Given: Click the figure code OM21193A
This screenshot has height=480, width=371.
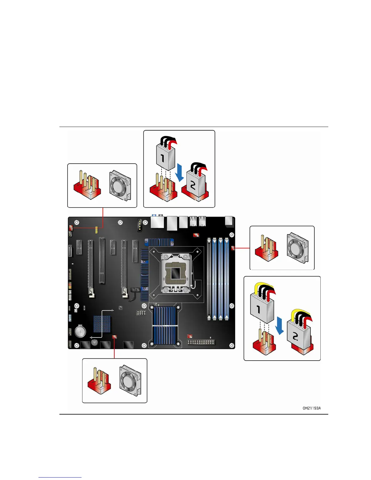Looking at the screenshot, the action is [311, 408].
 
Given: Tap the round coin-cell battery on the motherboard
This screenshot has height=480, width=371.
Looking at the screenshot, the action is [80, 332].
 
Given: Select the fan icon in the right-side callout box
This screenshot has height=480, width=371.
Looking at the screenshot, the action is [298, 248].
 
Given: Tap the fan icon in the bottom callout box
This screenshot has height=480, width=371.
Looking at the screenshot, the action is [130, 381].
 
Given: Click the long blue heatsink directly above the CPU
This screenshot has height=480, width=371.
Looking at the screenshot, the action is [159, 242].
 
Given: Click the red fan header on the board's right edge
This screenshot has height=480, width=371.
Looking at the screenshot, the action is [233, 248].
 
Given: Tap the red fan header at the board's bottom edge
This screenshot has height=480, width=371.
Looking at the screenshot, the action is [114, 337].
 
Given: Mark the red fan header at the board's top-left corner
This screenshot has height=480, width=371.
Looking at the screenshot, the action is [71, 227].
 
